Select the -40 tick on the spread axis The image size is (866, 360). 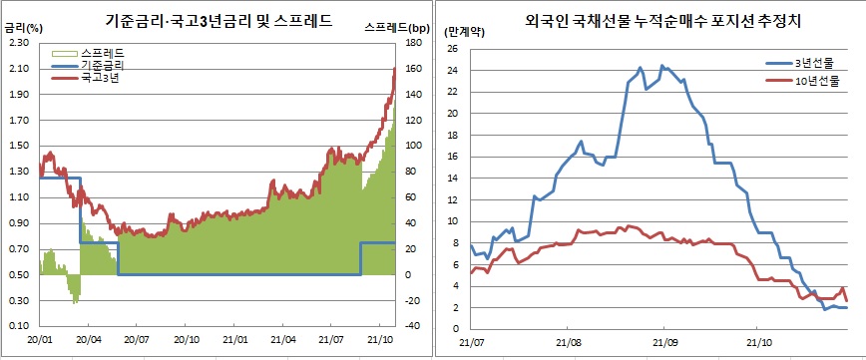(x=416, y=326)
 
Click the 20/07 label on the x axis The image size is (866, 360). (x=136, y=340)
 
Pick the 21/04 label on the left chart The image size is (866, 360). (x=282, y=340)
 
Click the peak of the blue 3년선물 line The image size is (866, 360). (x=663, y=67)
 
